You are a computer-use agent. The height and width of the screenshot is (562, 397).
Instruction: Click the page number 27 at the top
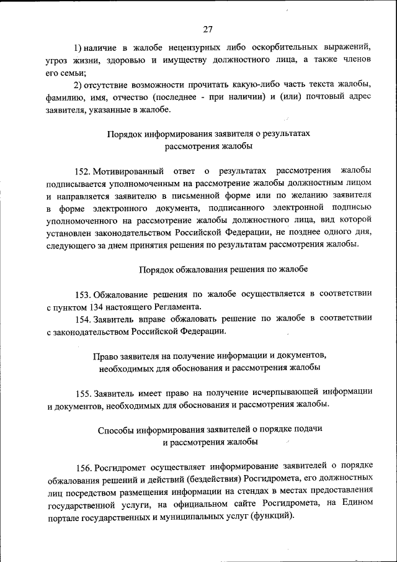tap(208, 29)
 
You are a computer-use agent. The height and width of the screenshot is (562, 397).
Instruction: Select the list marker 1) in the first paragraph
tap(79, 48)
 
